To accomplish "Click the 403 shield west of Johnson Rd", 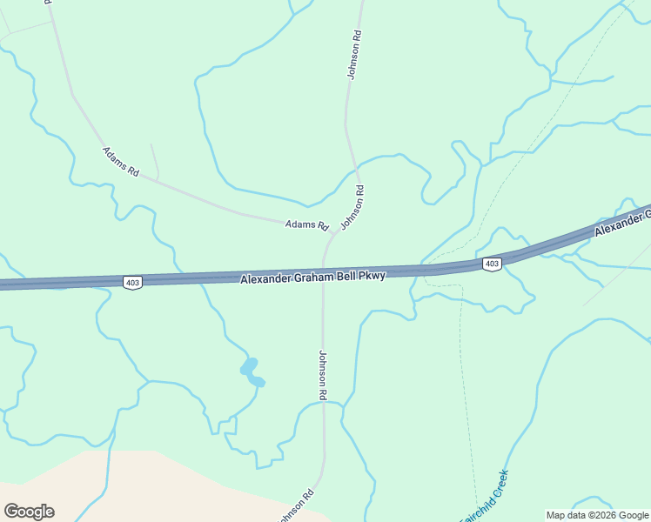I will tap(133, 282).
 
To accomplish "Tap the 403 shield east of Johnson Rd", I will tap(492, 264).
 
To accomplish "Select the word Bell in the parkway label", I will tap(349, 276).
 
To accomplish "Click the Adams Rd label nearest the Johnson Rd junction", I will tap(306, 224).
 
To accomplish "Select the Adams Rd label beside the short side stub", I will tap(121, 163).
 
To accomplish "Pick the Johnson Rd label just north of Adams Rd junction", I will tap(352, 207).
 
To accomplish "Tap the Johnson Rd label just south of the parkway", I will tap(322, 375).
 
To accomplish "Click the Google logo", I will tap(29, 512).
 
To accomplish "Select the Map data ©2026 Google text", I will tap(596, 515).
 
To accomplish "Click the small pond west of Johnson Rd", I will tap(251, 371).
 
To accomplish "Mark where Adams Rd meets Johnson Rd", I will tap(333, 234).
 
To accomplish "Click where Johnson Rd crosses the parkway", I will tap(323, 273).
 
